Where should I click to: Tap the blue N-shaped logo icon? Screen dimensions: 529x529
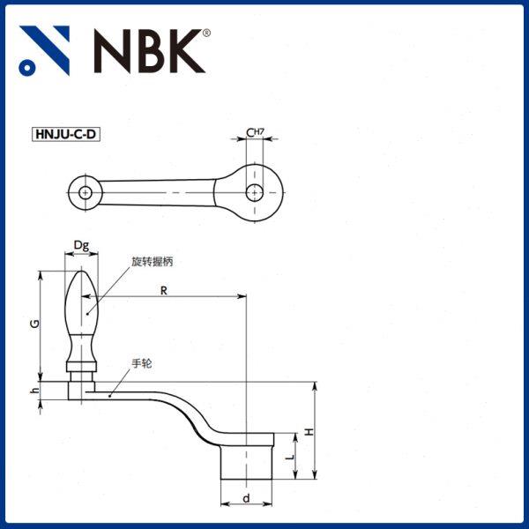click(44, 50)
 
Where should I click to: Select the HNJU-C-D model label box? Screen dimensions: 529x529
click(65, 135)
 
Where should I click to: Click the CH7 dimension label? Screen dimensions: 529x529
click(255, 132)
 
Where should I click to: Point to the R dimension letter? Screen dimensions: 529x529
click(164, 290)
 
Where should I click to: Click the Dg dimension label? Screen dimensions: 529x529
click(81, 244)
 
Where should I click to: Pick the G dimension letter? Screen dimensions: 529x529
click(33, 324)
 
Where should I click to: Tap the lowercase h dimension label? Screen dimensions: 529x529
click(33, 390)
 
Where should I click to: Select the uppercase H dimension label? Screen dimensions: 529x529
click(309, 431)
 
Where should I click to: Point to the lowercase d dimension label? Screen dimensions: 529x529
click(246, 498)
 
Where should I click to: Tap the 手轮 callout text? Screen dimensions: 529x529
click(142, 362)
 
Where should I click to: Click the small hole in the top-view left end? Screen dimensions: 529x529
click(85, 191)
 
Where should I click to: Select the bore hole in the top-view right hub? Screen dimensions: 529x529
click(255, 191)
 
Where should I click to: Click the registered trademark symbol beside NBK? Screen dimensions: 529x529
click(207, 34)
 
